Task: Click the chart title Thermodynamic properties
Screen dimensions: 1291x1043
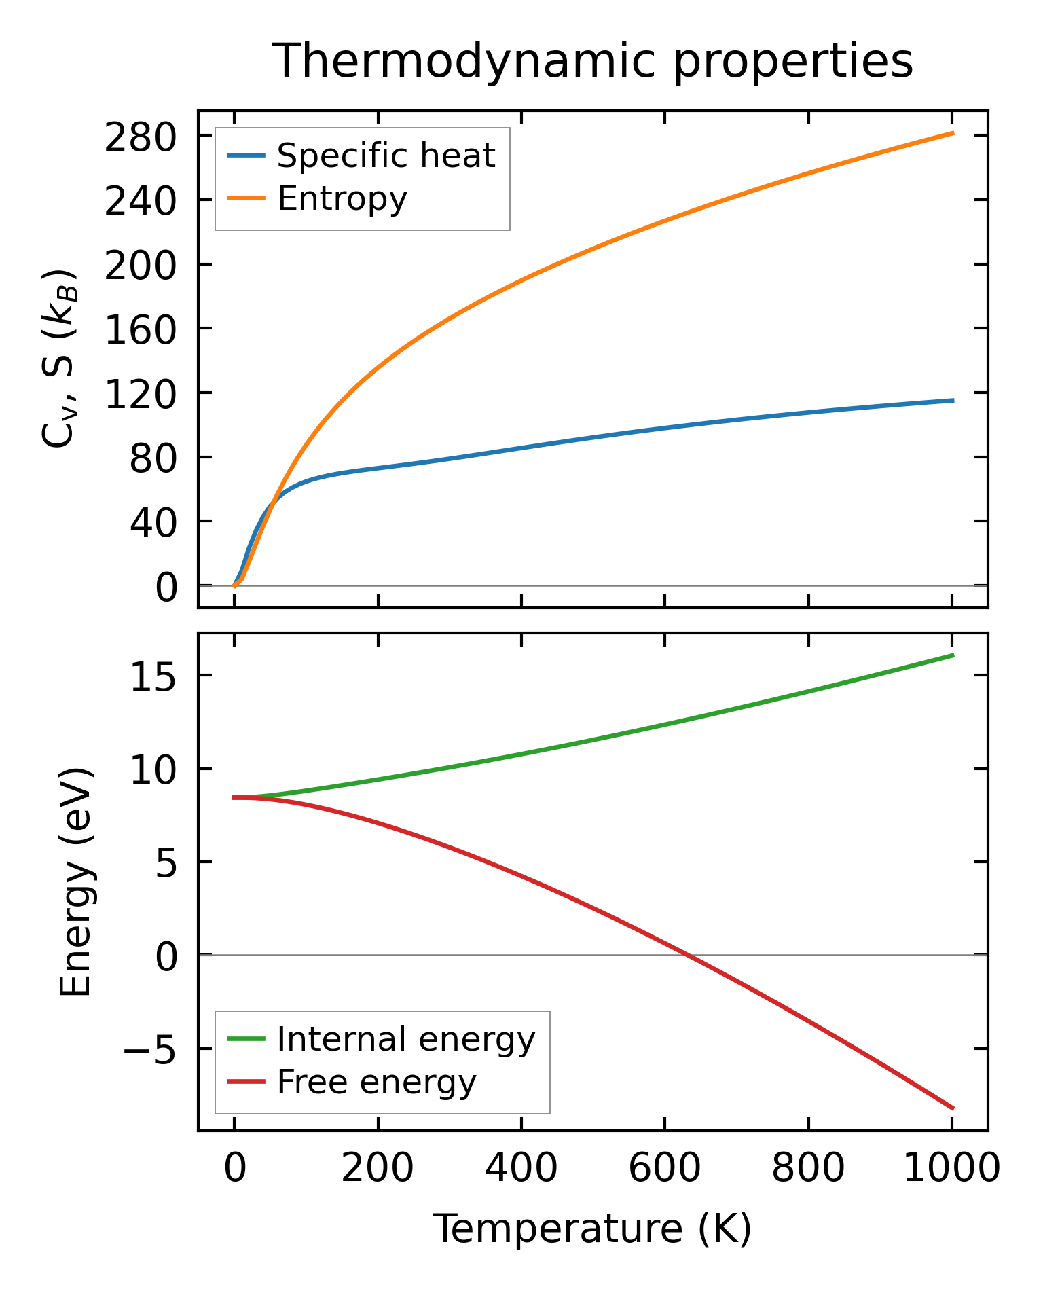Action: coord(592,62)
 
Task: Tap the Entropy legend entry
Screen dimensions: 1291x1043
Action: coord(342,199)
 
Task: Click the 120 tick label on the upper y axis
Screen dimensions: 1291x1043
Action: coord(140,394)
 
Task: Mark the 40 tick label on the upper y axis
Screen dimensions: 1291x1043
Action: coord(153,522)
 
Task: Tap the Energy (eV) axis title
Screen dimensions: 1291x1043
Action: coord(75,883)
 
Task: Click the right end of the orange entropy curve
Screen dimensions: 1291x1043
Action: coord(953,133)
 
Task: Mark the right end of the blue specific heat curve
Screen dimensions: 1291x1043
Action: coord(953,401)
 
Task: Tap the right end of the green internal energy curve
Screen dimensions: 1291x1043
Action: coord(953,655)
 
